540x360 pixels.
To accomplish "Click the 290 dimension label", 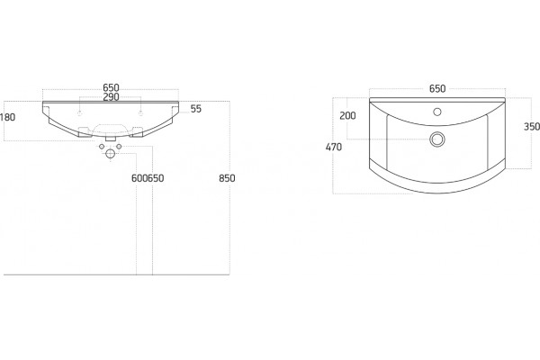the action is (x=111, y=97).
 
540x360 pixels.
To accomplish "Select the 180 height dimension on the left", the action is (x=7, y=117).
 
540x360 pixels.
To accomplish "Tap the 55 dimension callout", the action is (x=195, y=109).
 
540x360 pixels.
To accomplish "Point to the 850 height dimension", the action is (x=227, y=178).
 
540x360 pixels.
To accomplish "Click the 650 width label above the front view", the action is (x=111, y=87).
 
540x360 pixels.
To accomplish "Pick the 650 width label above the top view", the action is (x=437, y=88).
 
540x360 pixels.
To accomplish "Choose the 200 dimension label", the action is (x=347, y=116).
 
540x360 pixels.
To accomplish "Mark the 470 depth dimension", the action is (x=334, y=147).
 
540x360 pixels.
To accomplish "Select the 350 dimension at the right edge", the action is (x=532, y=127).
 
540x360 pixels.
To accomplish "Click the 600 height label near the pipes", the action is (x=139, y=178).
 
